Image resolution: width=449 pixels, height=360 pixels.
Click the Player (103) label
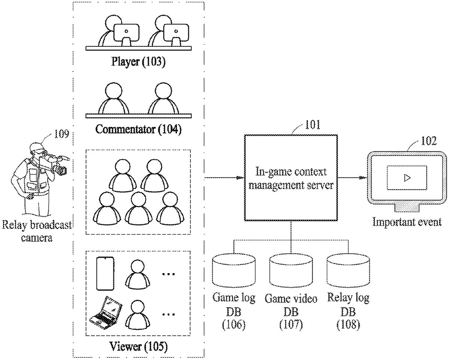click(138, 61)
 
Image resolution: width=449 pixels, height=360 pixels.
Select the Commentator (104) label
click(138, 129)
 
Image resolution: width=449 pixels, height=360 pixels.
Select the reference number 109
click(61, 134)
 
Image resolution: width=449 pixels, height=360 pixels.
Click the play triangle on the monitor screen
click(407, 178)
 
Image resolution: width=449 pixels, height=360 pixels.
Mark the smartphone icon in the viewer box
click(105, 273)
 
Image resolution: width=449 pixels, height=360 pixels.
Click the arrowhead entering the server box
click(241, 178)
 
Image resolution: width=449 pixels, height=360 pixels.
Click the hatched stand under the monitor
click(407, 207)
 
